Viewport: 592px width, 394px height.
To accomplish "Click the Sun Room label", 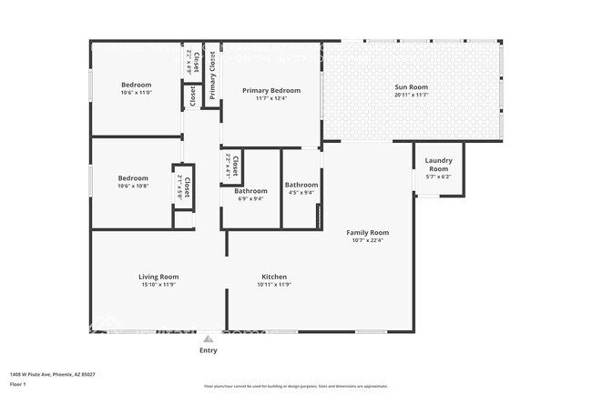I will (411, 87).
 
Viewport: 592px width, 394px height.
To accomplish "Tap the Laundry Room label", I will (438, 165).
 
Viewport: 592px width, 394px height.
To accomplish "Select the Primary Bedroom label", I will (270, 91).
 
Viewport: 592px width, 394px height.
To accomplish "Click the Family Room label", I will (367, 232).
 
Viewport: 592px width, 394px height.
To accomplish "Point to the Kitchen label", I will (274, 277).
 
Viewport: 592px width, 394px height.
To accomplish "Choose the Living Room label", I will (158, 277).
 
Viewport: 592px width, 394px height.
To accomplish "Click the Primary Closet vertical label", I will (212, 76).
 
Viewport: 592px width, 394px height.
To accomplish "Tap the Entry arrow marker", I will (209, 338).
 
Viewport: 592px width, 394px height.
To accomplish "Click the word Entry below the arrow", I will (209, 350).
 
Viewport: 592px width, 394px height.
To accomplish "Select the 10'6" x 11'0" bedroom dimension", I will (136, 93).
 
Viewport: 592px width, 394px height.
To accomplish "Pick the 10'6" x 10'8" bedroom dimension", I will (133, 186).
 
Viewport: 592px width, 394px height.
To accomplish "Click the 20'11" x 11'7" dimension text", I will (411, 95).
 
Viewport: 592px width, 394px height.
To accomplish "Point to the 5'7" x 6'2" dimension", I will (438, 177).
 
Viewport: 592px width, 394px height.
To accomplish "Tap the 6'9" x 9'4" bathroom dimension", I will (250, 199).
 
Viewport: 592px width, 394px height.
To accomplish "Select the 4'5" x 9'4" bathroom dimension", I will (301, 192).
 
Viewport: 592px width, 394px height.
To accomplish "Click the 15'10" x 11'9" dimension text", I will (158, 285).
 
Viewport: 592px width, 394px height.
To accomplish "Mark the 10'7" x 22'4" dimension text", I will (367, 240).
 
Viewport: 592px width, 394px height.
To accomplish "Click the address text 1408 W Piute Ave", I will (53, 374).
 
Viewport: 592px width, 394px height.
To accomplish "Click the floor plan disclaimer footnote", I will (296, 386).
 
